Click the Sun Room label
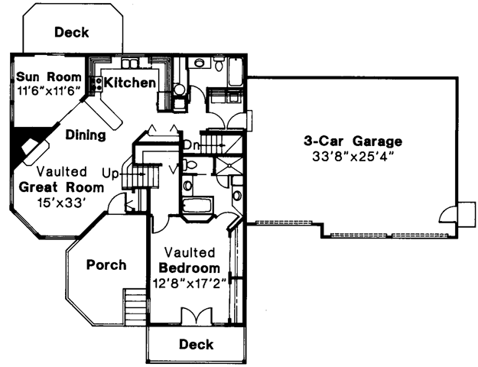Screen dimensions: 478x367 point(49,76)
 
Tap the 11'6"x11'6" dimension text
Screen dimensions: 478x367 point(49,90)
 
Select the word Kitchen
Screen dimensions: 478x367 point(130,83)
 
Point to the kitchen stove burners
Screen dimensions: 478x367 point(98,83)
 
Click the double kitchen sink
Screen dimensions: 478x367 point(130,63)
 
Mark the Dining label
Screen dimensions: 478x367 point(86,135)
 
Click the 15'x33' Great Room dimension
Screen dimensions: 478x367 point(61,202)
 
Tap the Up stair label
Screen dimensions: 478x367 point(109,174)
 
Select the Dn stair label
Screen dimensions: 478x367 point(191,145)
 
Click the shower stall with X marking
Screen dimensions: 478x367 point(229,166)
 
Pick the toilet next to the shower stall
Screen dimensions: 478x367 point(190,165)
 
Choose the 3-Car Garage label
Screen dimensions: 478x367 point(353,141)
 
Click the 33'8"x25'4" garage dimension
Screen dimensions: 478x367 point(353,157)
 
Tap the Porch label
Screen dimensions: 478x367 point(106,265)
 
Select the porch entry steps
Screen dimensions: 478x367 point(136,307)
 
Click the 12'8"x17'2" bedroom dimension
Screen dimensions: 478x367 point(190,284)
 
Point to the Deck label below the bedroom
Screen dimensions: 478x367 point(197,344)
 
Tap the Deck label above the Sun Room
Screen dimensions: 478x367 point(72,32)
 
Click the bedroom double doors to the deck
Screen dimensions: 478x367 point(197,316)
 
